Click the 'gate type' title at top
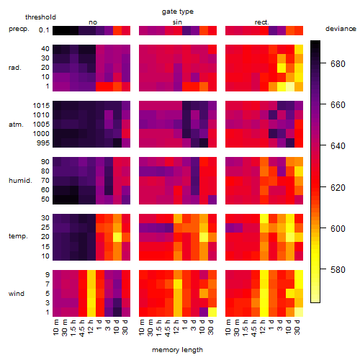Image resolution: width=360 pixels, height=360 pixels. pos(178,12)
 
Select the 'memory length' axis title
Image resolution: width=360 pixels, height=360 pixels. pos(177,350)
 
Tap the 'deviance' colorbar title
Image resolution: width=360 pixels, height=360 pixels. pos(341,29)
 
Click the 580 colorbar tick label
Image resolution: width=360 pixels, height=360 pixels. pos(338,270)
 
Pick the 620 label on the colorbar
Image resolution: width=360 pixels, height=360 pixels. pos(338,187)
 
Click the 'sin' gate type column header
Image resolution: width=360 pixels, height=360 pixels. pos(177,22)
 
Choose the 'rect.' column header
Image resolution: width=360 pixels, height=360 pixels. pos(262,22)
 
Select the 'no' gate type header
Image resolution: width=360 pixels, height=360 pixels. pos(93,22)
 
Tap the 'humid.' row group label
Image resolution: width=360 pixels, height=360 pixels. pos(20,181)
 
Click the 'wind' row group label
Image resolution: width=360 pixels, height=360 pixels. pos(17,294)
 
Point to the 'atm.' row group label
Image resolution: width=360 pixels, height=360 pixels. pos(16,125)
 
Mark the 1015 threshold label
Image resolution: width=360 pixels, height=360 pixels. pos(41,106)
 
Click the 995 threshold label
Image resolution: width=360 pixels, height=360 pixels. pos(43,143)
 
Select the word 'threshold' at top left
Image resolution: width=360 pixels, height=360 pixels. pos(40,17)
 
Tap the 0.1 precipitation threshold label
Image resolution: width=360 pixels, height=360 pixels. pos(44,30)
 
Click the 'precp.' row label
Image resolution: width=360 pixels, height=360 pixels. pos(19,29)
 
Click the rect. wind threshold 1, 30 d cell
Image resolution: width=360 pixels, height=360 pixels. pos(299,312)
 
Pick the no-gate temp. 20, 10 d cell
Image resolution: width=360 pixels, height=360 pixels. pos(117,237)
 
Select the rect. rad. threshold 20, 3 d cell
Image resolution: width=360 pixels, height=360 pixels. pos(282,68)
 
